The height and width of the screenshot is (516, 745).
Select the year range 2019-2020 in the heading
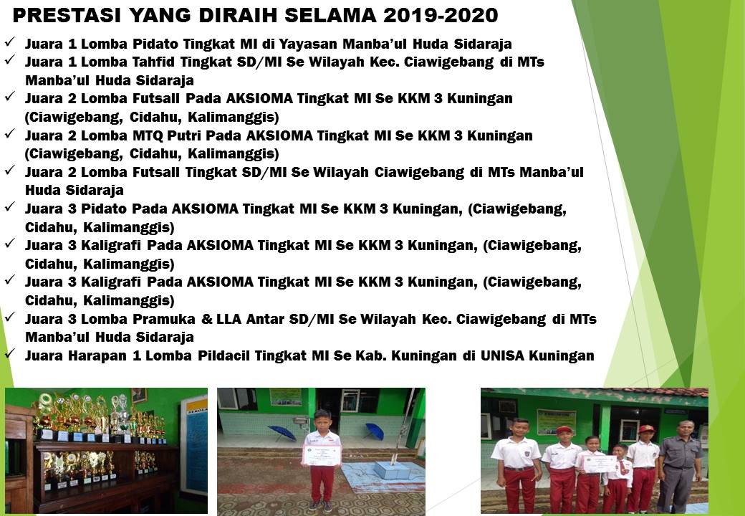pyautogui.click(x=441, y=15)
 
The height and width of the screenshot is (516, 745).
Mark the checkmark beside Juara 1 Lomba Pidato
pyautogui.click(x=10, y=42)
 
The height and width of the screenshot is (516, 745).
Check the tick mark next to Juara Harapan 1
pyautogui.click(x=10, y=353)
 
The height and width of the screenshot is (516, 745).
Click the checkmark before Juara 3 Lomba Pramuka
pyautogui.click(x=10, y=317)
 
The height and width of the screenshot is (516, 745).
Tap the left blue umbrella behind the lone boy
pyautogui.click(x=282, y=432)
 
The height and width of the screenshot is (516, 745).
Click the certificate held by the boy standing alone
pyautogui.click(x=322, y=455)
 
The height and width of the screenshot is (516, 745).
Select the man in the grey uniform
pyautogui.click(x=681, y=466)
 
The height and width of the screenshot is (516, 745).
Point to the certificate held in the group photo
pyautogui.click(x=600, y=463)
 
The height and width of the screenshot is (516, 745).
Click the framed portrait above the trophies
pyautogui.click(x=139, y=396)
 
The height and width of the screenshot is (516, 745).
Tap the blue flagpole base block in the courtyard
pyautogui.click(x=392, y=470)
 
